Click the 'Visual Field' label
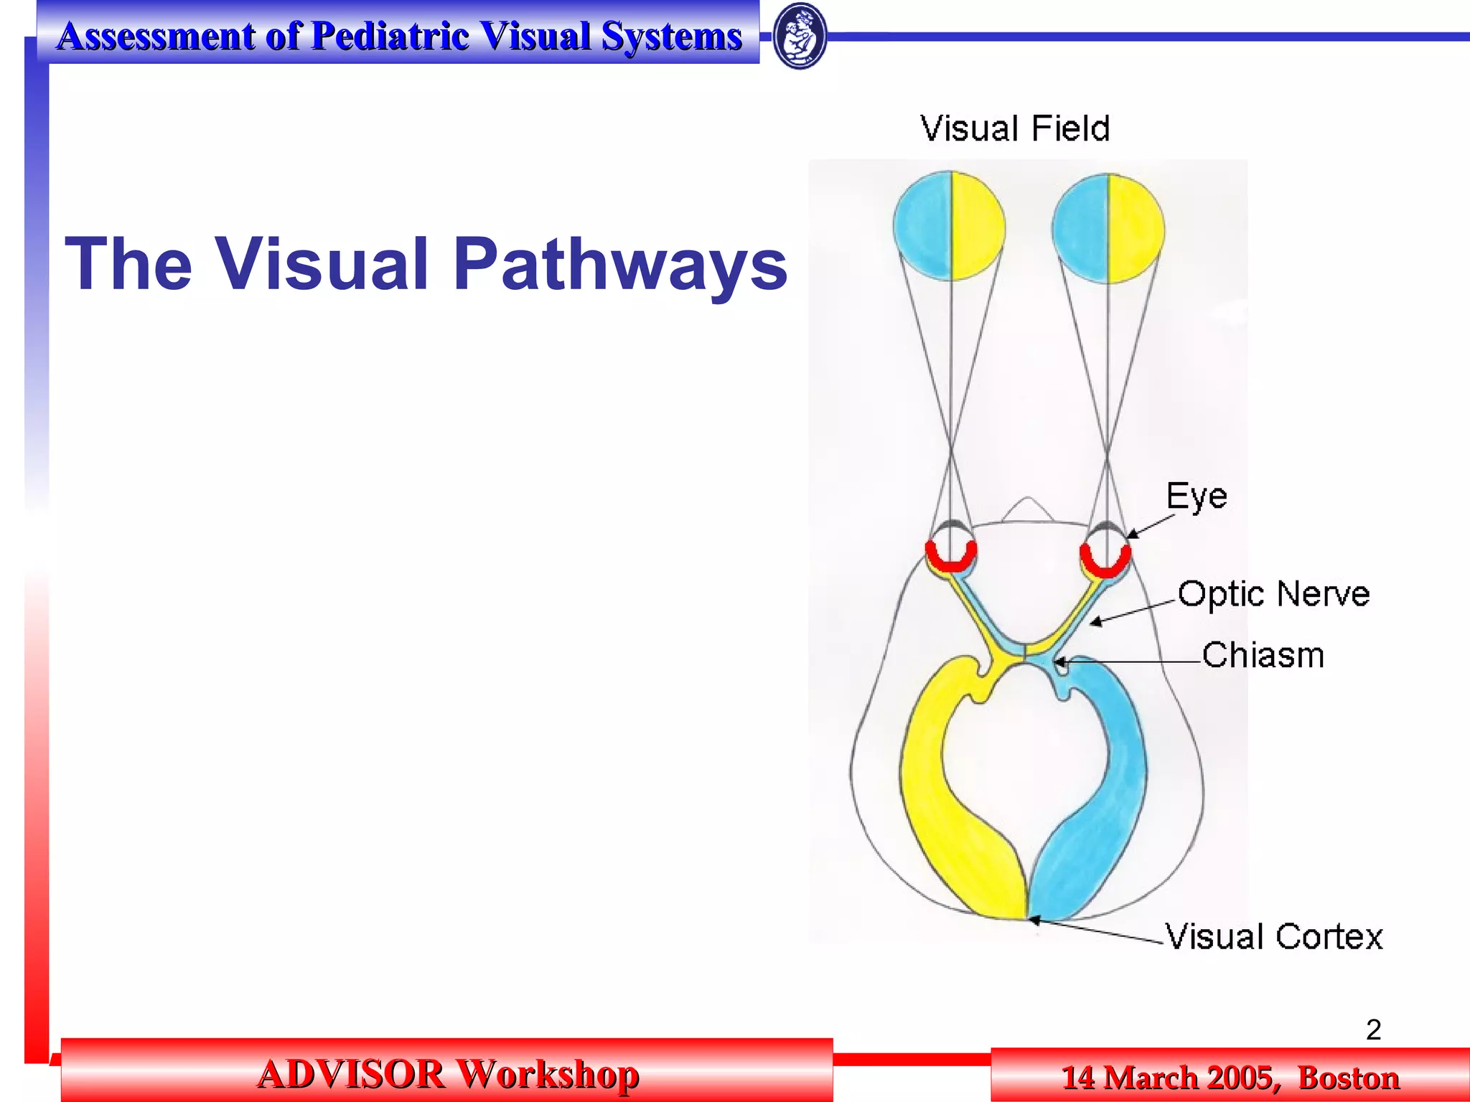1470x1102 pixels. click(x=1015, y=129)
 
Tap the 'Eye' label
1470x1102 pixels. click(x=1197, y=496)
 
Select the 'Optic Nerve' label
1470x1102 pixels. click(x=1273, y=594)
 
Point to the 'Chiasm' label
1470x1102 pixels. click(x=1263, y=655)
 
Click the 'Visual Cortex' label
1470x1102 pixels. click(x=1273, y=936)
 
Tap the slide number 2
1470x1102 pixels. click(x=1373, y=1030)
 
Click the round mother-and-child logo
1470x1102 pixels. click(x=800, y=36)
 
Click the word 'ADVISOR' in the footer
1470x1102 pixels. click(x=350, y=1074)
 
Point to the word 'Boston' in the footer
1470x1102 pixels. click(x=1349, y=1078)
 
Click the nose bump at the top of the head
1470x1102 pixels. click(x=1028, y=509)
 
